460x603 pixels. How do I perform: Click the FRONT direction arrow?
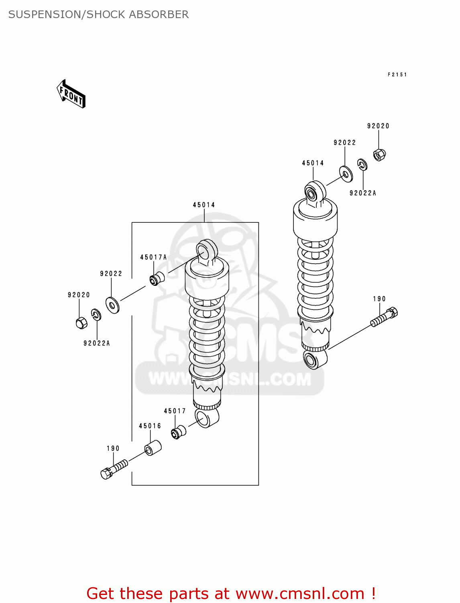point(71,94)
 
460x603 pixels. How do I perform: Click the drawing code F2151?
point(397,75)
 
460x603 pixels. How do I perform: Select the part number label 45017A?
point(153,257)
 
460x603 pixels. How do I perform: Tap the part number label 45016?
point(150,426)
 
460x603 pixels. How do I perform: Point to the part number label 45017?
point(175,411)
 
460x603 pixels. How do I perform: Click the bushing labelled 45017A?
point(157,278)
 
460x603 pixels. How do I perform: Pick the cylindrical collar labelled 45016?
point(153,448)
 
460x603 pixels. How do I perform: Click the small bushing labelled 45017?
point(179,432)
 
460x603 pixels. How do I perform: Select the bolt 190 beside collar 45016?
point(114,469)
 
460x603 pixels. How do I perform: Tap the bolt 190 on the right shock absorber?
point(384,317)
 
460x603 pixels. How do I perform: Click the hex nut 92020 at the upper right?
point(379,154)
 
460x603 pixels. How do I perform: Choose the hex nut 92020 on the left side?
point(81,322)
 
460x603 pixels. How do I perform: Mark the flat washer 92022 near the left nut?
point(112,306)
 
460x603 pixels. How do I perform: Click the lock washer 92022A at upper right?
point(362,164)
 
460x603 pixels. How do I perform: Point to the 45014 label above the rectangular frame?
point(204,205)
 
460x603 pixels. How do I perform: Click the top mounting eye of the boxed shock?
point(207,251)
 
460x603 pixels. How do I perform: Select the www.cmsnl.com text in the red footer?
point(299,593)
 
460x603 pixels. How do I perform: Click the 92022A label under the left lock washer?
point(96,343)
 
